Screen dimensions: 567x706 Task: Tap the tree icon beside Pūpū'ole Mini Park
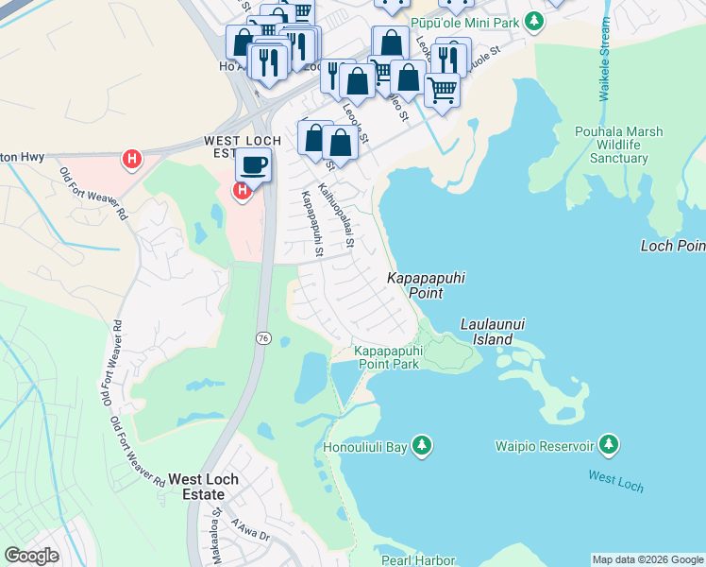(535, 20)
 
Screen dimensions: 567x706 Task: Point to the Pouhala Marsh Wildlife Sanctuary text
(619, 145)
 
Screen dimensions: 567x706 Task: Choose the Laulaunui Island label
(492, 331)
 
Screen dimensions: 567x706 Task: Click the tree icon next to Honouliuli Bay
(421, 444)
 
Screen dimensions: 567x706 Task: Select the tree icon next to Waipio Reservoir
(609, 444)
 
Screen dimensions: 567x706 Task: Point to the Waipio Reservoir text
(546, 445)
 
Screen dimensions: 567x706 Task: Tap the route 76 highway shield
(261, 337)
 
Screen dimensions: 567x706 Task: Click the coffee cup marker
(253, 165)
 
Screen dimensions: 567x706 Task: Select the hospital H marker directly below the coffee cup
(242, 192)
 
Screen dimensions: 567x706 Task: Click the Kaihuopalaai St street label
(336, 215)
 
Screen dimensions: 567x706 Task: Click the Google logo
(31, 556)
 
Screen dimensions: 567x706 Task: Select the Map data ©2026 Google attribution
(647, 559)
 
